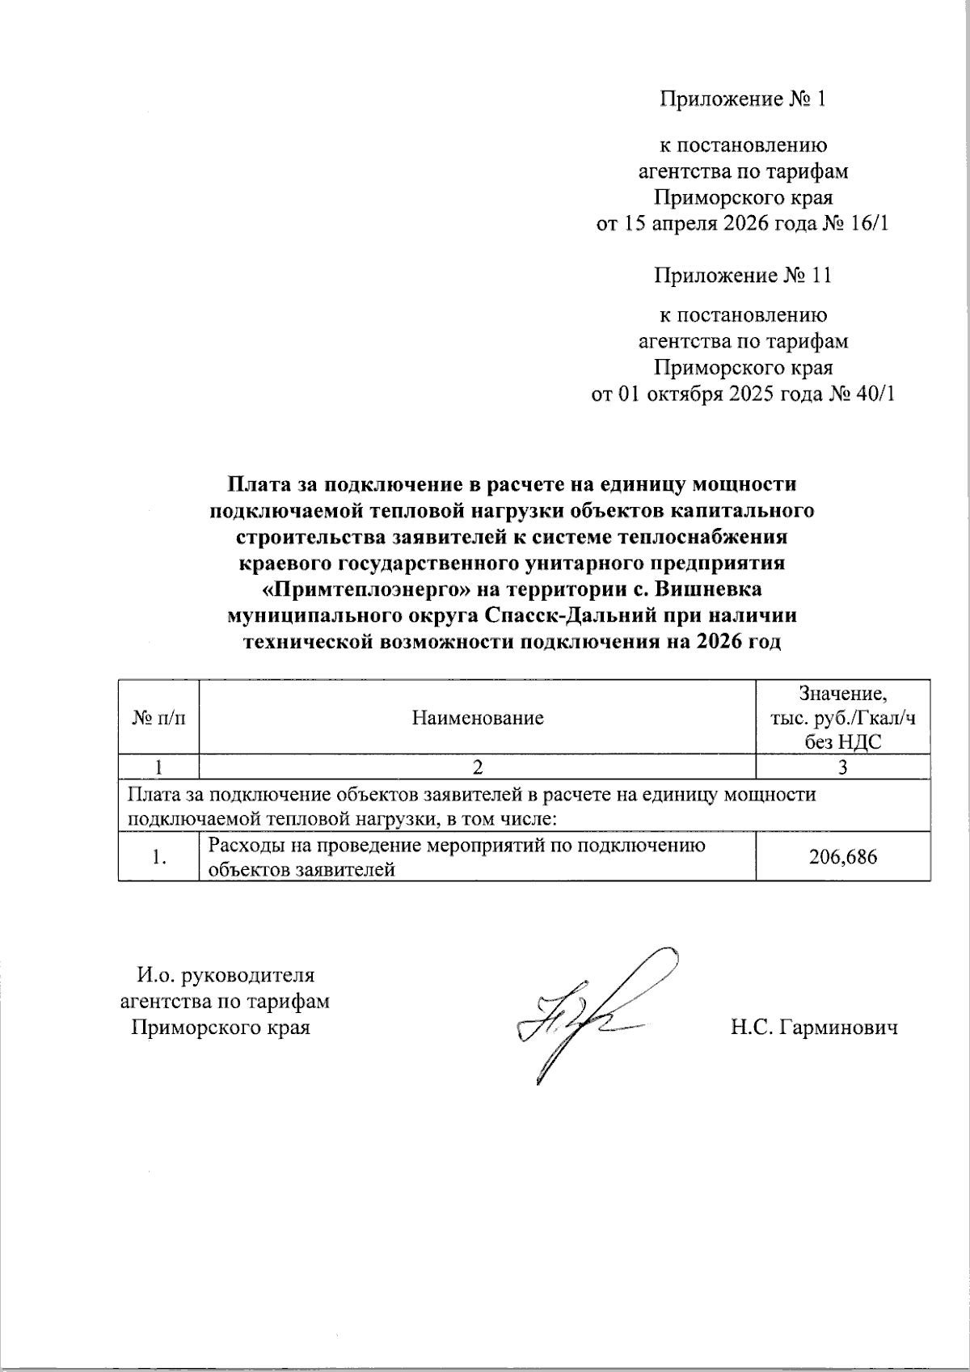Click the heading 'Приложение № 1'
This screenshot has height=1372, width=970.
(742, 99)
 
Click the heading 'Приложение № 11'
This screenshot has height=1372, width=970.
(742, 276)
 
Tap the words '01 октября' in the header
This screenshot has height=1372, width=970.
(668, 394)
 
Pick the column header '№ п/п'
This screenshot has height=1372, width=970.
(158, 718)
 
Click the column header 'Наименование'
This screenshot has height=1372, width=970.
(477, 718)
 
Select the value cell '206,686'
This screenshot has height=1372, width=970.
(842, 857)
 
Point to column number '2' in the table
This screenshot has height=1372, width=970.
(477, 766)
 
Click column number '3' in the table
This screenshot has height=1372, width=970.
(842, 766)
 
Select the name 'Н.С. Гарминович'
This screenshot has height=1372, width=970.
(814, 1028)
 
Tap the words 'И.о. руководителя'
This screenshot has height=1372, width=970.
(226, 975)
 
